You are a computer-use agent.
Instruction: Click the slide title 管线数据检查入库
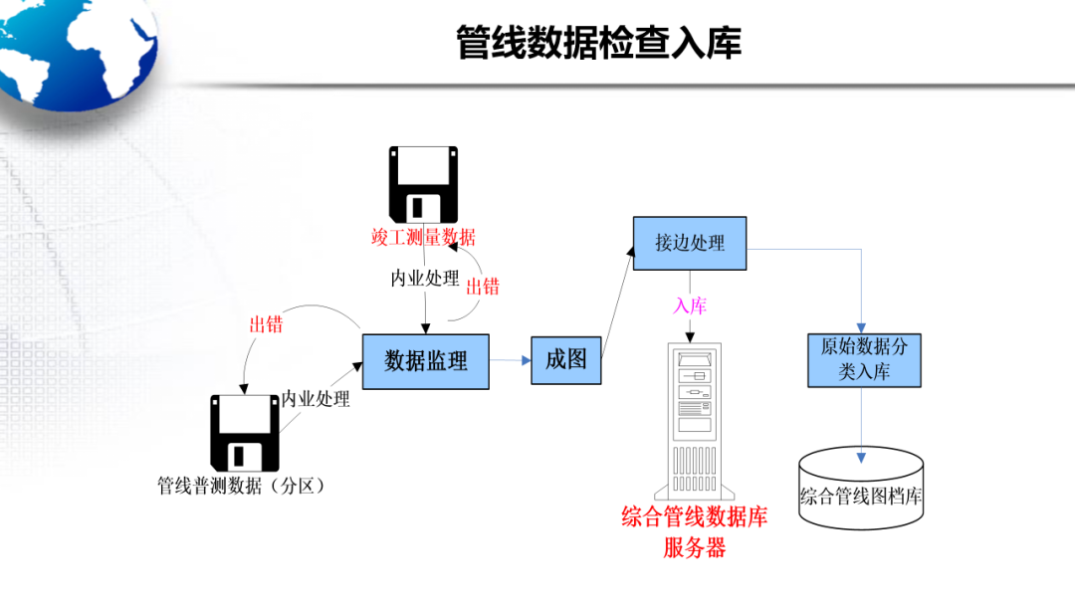598,44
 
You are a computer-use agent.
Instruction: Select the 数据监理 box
426,361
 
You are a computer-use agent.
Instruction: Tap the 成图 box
566,360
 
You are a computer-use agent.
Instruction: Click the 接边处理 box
690,243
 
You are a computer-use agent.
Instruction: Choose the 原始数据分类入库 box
863,359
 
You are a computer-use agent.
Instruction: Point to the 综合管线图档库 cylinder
861,489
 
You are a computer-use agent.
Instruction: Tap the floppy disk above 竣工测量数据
423,184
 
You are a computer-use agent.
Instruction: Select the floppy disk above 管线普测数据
244,433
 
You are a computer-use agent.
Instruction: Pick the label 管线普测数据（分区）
244,487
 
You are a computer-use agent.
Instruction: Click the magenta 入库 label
690,305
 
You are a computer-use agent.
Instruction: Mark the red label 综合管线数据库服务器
695,532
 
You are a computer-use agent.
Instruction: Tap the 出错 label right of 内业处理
483,287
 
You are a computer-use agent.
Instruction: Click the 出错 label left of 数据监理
266,324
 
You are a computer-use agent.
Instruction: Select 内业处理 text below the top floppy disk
425,279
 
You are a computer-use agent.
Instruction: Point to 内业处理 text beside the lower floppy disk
316,399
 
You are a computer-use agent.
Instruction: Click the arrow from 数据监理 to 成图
511,361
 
